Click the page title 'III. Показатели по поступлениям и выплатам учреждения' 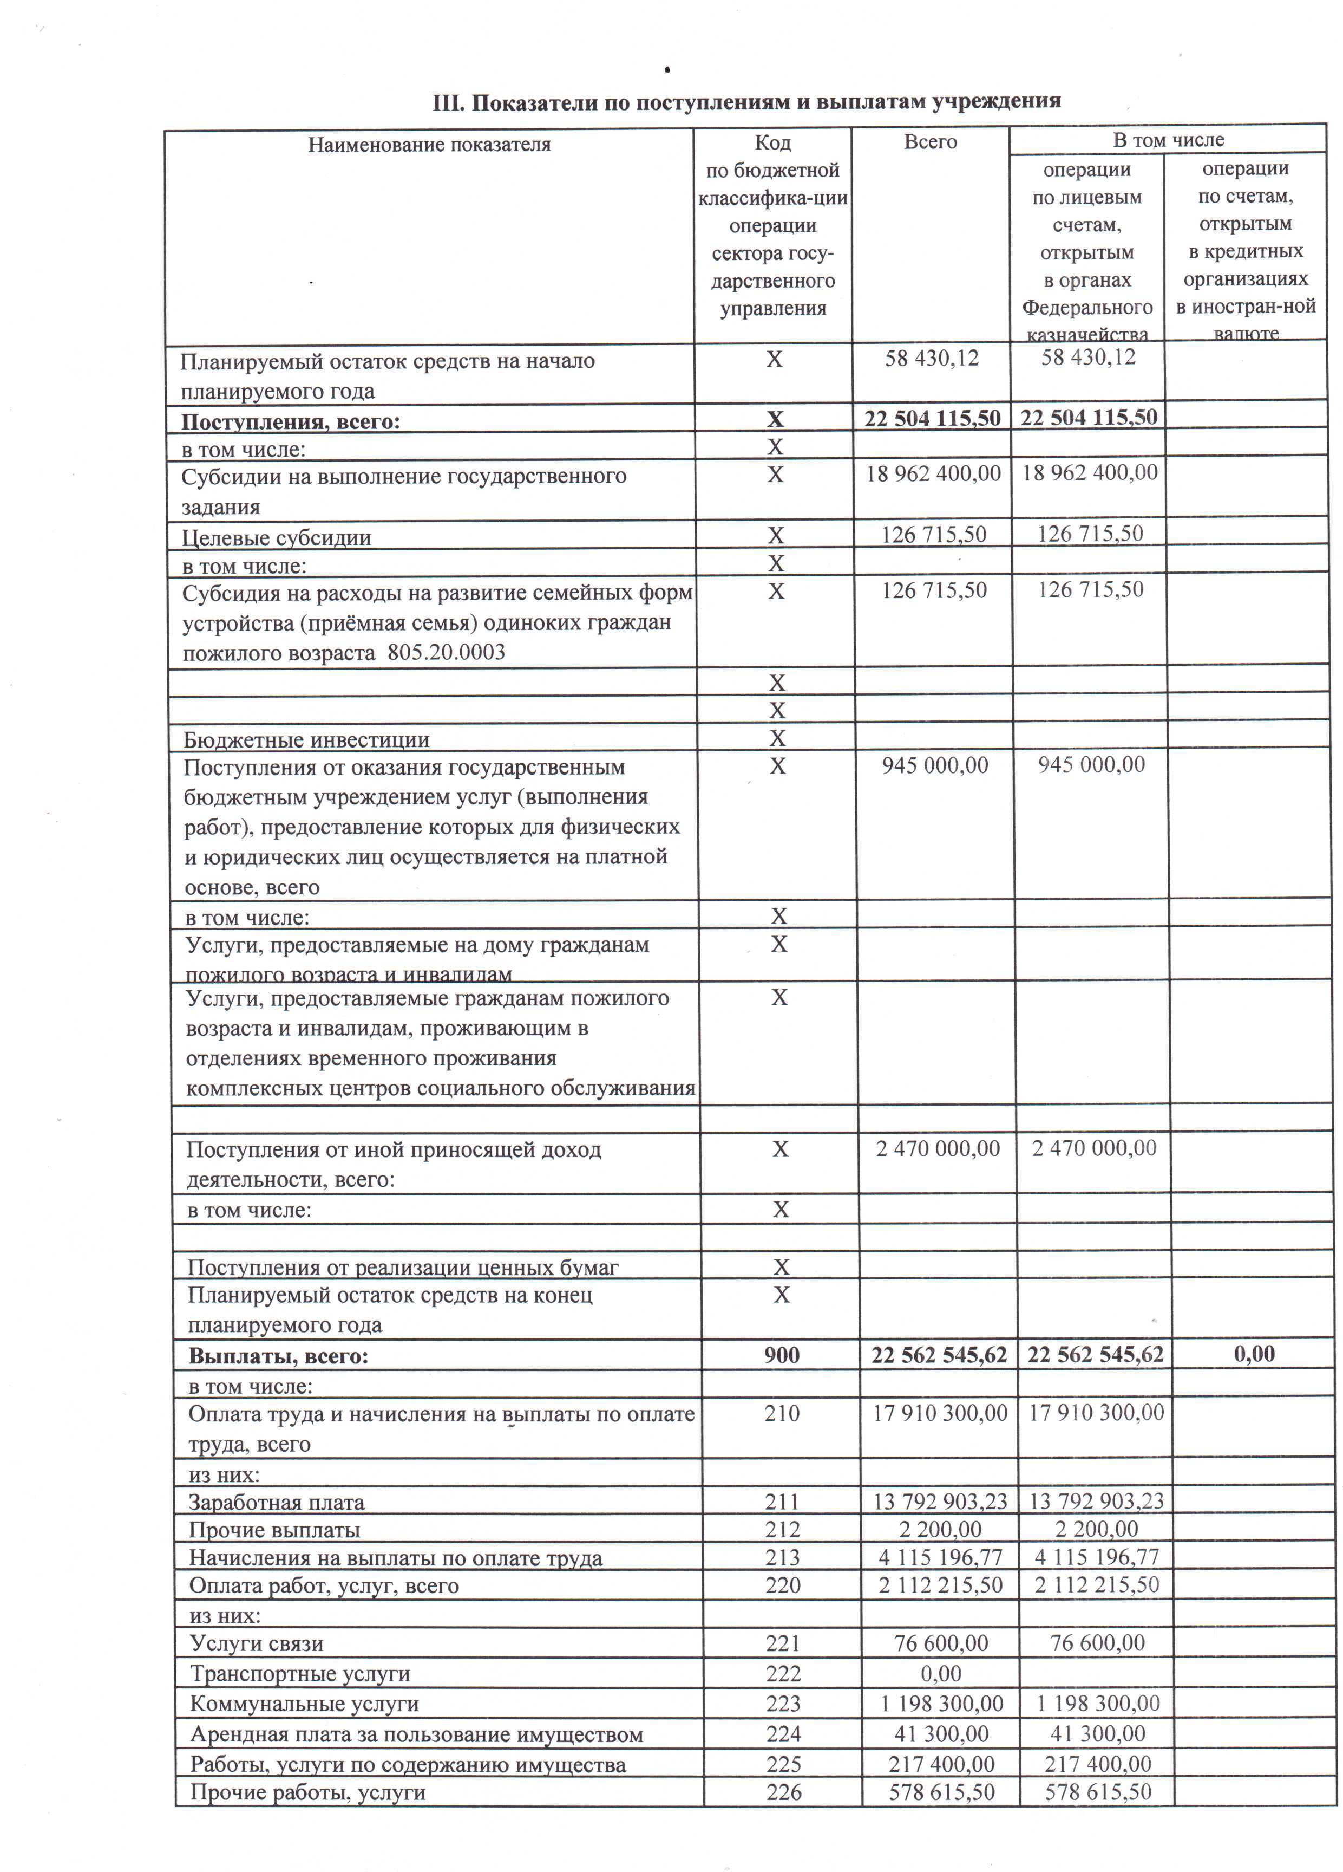tap(746, 102)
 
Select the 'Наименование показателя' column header tap(429, 145)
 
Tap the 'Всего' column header tap(931, 142)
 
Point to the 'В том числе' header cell tap(1168, 140)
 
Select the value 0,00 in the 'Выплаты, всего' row tap(1254, 1354)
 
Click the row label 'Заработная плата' tap(277, 1502)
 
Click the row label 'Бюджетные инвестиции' tap(306, 739)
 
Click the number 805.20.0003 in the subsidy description tap(446, 653)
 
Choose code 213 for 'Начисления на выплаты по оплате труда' tap(782, 1557)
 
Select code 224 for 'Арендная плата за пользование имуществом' tap(784, 1732)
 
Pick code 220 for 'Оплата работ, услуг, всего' tap(783, 1585)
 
